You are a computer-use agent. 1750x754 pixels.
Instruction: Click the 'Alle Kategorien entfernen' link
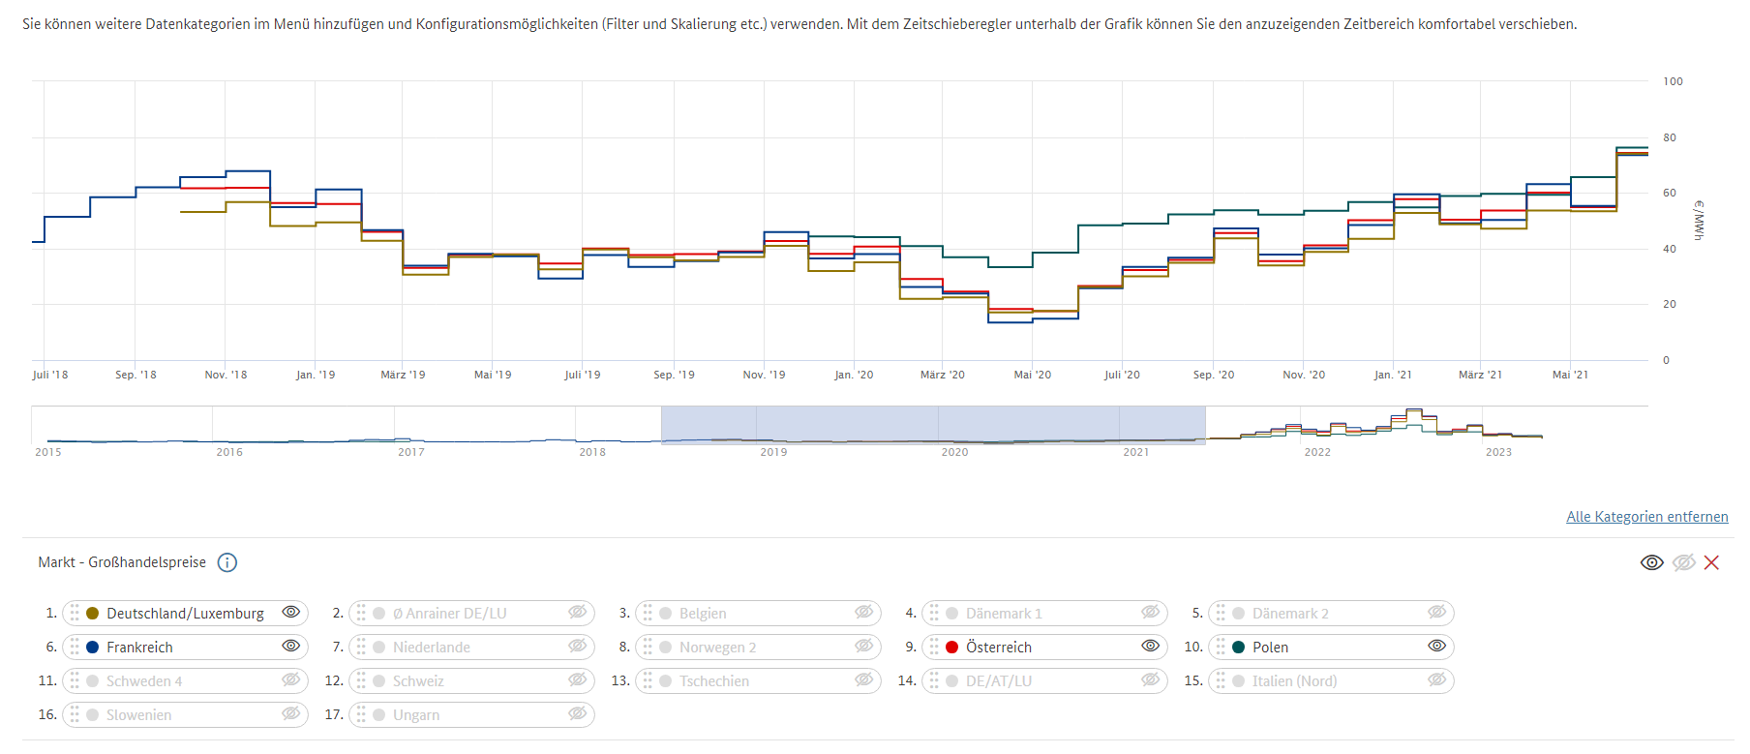(1646, 517)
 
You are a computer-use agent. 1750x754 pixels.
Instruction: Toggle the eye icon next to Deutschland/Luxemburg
(290, 613)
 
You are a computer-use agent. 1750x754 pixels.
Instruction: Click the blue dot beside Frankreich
(93, 648)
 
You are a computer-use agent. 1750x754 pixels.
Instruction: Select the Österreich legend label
(998, 648)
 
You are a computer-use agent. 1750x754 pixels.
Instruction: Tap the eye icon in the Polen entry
(1436, 647)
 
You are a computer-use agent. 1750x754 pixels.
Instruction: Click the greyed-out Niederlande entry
(431, 648)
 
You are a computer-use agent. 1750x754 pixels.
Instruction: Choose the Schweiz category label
(418, 681)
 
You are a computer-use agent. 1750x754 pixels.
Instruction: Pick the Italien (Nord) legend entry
(1294, 681)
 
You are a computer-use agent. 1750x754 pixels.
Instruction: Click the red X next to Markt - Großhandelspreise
(1711, 562)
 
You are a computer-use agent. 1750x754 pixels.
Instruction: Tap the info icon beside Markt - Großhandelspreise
(227, 562)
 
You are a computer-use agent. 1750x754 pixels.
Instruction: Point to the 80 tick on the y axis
(1670, 137)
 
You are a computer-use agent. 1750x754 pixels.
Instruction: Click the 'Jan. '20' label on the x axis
(854, 375)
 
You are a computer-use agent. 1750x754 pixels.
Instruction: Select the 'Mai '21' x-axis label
(1570, 375)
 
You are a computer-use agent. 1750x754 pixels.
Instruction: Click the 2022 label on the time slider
(1316, 452)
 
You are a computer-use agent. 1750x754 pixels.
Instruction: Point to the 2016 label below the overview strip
(229, 452)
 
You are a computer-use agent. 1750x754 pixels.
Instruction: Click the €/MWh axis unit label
(1699, 220)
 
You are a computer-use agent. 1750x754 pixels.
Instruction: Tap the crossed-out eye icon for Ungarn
(577, 714)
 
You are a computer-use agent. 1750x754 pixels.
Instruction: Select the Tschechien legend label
(713, 681)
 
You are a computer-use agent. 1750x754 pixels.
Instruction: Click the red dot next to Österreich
(952, 648)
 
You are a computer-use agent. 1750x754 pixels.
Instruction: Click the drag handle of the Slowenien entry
(75, 714)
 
